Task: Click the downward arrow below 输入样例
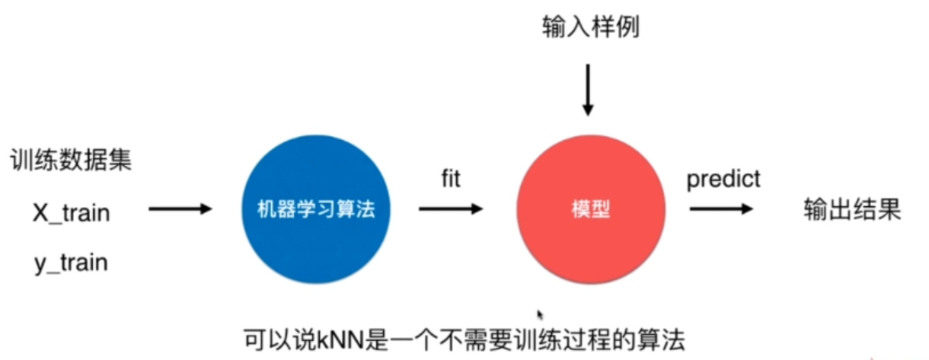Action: [587, 89]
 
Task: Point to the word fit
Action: [451, 180]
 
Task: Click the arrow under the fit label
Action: [451, 209]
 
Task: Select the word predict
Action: [723, 180]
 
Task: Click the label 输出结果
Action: [853, 209]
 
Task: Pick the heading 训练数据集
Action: [72, 161]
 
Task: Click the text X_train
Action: [71, 213]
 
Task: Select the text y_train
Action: [71, 263]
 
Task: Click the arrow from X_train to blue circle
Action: [180, 208]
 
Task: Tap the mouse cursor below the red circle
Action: [541, 314]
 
